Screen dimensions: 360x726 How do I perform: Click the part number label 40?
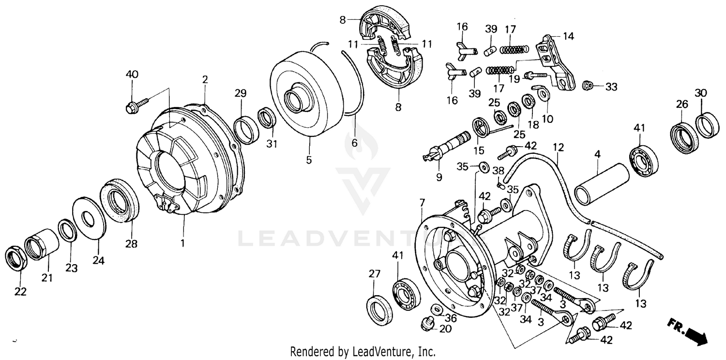[132, 74]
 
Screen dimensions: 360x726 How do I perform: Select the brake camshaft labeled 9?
[443, 147]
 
